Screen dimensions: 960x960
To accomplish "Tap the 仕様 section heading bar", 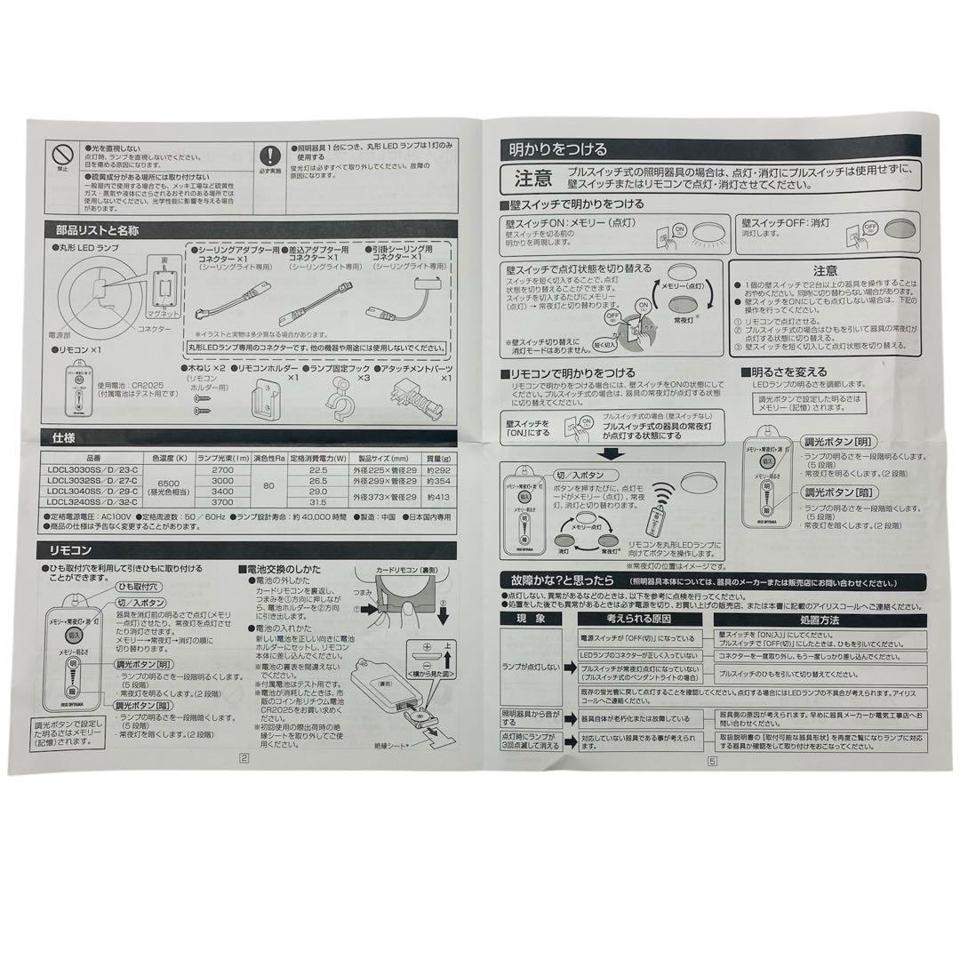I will click(63, 438).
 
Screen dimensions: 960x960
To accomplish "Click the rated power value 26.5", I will click(318, 480).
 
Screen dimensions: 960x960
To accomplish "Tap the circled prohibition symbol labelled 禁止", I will click(61, 152).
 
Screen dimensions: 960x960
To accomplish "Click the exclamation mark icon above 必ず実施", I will click(269, 154).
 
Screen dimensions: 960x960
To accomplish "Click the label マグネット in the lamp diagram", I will click(164, 314).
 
